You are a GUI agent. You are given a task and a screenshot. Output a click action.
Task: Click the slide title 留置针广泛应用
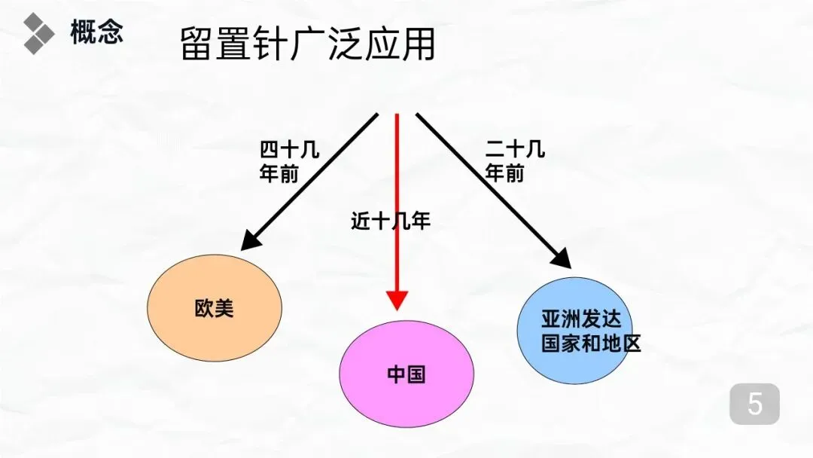click(308, 44)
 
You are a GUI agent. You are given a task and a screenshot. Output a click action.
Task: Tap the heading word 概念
click(96, 33)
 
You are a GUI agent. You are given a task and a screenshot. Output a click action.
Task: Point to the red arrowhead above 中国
click(397, 300)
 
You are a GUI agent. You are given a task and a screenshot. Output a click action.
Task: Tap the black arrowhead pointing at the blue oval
click(561, 257)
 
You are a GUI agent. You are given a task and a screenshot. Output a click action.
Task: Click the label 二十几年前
click(514, 161)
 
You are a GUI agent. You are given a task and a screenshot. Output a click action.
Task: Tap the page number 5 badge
click(754, 405)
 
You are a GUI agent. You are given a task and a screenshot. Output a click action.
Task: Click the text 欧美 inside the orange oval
click(215, 308)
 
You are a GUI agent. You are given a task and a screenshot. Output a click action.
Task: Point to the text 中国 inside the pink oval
click(406, 374)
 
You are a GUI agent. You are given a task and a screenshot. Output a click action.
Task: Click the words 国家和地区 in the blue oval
click(591, 343)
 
